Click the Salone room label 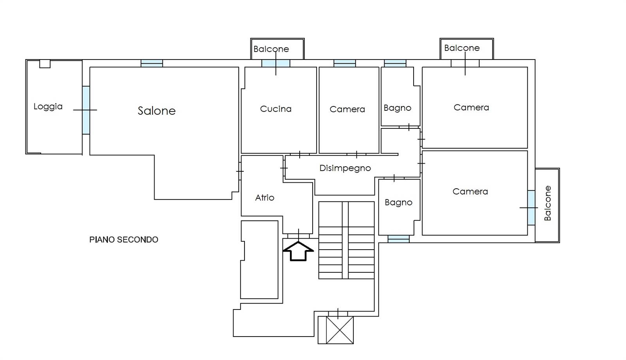(x=156, y=111)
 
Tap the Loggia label (x=48, y=106)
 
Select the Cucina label (x=275, y=109)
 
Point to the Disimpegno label (x=345, y=168)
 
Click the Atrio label (x=264, y=198)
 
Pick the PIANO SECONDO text (x=124, y=239)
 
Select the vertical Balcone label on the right (x=547, y=203)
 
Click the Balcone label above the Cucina (x=271, y=49)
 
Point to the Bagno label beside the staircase (x=398, y=202)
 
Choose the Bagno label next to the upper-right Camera (x=397, y=108)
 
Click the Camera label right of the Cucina (x=347, y=109)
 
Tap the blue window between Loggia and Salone (x=86, y=110)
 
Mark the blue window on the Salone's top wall (x=151, y=63)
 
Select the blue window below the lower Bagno (x=398, y=239)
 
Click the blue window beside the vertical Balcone (x=531, y=207)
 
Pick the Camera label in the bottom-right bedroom (x=470, y=191)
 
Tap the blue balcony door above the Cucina (x=275, y=63)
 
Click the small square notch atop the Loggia (x=45, y=64)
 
